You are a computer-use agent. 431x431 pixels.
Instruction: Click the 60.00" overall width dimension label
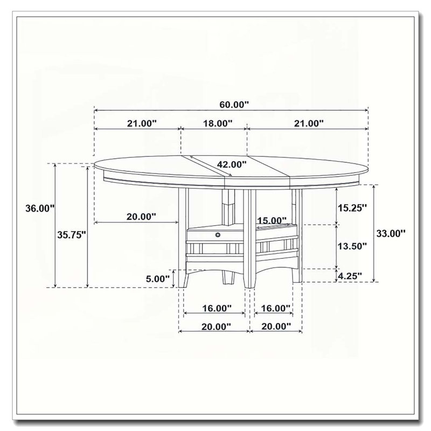(234, 105)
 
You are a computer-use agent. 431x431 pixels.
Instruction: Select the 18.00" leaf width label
(218, 123)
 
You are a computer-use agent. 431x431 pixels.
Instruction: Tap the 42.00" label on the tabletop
(232, 164)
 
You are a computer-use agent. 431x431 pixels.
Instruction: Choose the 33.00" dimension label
(391, 234)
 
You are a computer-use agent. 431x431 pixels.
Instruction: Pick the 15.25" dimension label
(352, 208)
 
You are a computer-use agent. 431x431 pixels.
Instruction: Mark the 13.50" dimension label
(352, 246)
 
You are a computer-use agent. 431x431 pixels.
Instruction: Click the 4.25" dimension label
(350, 276)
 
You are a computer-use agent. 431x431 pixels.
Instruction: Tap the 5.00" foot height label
(157, 279)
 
